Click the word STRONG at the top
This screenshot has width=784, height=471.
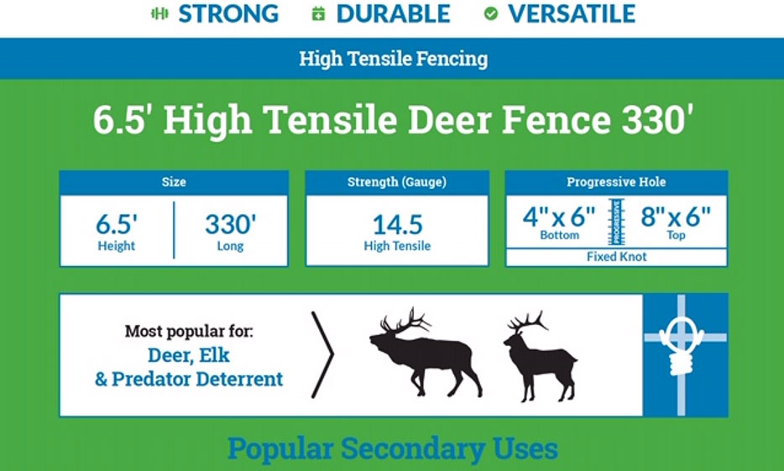click(x=228, y=13)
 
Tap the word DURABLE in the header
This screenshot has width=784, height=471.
click(x=393, y=13)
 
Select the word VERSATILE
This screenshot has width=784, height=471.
click(x=572, y=13)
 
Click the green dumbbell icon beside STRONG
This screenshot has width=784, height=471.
click(x=159, y=14)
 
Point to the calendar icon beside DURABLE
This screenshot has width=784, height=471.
click(x=318, y=14)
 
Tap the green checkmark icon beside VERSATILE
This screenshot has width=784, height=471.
click(x=491, y=14)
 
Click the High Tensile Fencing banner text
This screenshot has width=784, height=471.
click(x=394, y=59)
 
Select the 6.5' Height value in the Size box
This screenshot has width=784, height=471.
click(x=117, y=231)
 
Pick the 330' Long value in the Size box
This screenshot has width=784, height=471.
click(x=231, y=231)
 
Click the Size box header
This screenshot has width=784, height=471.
click(x=174, y=182)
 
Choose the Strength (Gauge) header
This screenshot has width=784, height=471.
click(x=397, y=182)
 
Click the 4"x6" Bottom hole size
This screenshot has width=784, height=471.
click(x=559, y=223)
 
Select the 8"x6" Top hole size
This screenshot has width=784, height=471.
click(x=676, y=223)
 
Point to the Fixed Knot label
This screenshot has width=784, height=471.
click(x=616, y=257)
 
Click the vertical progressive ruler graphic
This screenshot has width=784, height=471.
click(x=616, y=222)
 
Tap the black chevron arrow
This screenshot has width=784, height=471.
click(x=322, y=354)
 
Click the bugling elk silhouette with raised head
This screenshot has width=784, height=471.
click(x=425, y=353)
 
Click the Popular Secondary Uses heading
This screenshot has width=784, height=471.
click(x=393, y=448)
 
